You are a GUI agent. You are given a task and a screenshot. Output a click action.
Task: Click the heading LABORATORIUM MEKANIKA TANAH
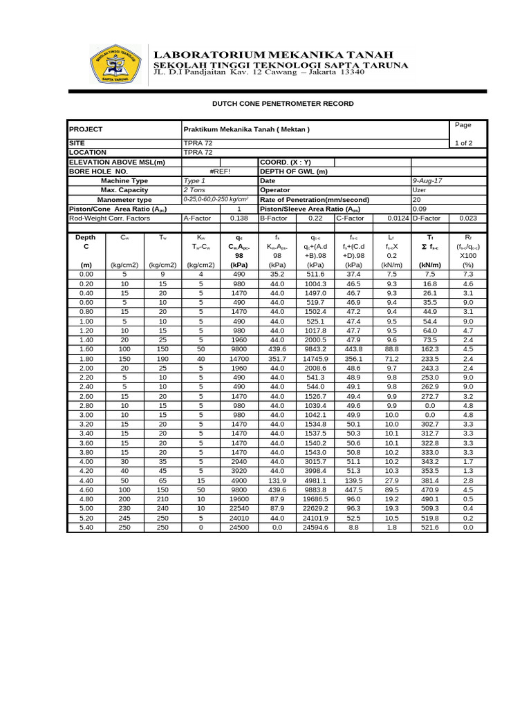point(273,54)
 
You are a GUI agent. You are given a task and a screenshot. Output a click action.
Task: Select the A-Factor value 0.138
point(239,218)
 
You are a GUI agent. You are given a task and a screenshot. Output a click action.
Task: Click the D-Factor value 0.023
point(468,218)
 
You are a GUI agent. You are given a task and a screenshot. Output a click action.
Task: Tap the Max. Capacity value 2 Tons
point(196,189)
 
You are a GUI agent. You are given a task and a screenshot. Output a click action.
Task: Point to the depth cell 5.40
point(86,527)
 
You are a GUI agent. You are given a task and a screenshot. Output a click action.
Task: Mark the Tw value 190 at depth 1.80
point(162,359)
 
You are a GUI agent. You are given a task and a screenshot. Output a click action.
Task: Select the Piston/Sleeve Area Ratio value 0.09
point(420,209)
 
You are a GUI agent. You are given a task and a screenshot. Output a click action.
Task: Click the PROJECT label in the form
point(86,129)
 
